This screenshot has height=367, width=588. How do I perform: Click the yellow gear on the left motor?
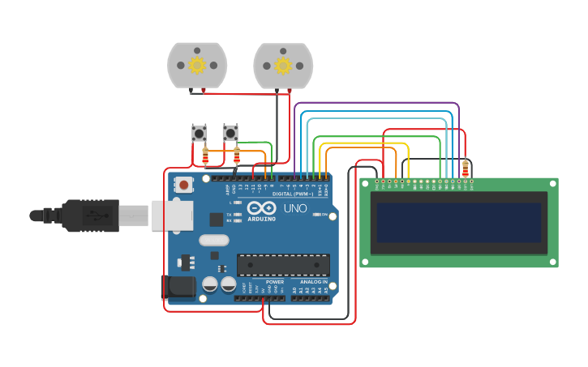[x=197, y=65]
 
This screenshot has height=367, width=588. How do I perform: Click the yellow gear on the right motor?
[x=283, y=65]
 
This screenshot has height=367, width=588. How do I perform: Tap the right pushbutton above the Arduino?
[x=230, y=133]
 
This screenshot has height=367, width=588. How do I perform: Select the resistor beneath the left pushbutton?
[x=204, y=155]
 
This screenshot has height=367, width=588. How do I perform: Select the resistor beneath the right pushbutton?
[x=237, y=155]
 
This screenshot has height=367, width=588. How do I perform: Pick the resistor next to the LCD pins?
[x=465, y=169]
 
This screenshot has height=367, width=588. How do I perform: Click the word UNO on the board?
[x=294, y=208]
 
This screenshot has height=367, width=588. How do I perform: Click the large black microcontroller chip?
[x=283, y=265]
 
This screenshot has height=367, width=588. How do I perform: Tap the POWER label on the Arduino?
[x=264, y=282]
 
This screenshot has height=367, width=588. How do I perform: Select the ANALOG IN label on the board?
[x=314, y=282]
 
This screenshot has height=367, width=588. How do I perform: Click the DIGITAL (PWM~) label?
[x=294, y=194]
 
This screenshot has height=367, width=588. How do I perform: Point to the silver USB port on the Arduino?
[x=171, y=216]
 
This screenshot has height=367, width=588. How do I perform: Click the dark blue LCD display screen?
[x=459, y=223]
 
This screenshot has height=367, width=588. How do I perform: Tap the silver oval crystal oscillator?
[x=214, y=240]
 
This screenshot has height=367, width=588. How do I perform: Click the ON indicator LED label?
[x=324, y=215]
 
